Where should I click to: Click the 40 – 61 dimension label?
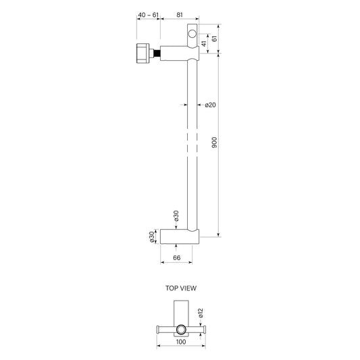149,14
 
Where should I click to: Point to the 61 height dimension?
215,40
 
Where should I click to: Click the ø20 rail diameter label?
209,105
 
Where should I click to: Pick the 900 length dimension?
215,143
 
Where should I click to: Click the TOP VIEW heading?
181,288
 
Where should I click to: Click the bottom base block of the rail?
180,236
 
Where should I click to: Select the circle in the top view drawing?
180,329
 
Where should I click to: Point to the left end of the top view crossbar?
159,329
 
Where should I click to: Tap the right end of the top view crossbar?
201,329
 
